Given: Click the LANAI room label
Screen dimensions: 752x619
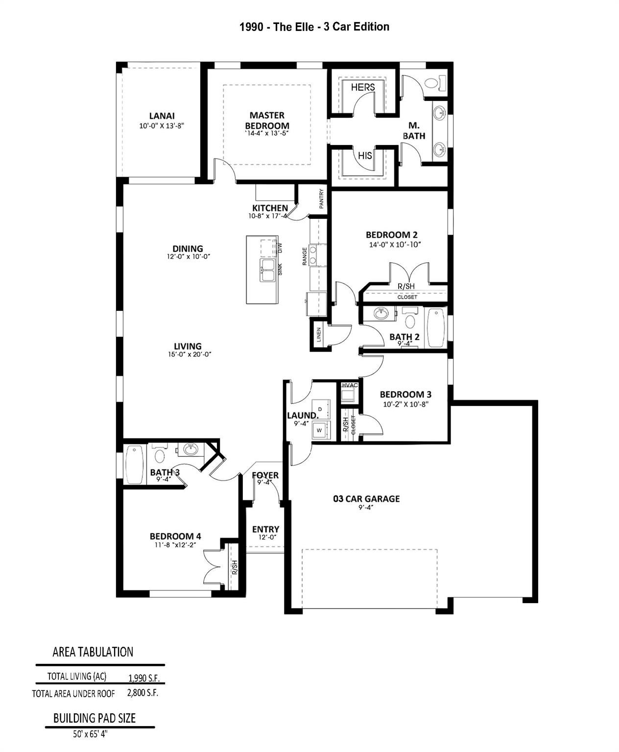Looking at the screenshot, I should (162, 116).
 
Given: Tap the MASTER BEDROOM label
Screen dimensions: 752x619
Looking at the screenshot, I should (267, 120).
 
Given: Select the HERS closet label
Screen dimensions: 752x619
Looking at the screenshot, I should (363, 87).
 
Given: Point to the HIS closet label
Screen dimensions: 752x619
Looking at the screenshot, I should (365, 156).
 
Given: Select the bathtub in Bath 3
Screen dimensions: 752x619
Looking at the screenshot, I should (134, 464).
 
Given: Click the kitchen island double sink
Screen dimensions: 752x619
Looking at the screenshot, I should (267, 270).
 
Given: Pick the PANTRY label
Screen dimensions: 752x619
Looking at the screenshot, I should (322, 199).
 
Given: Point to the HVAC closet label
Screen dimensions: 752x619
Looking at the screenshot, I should (350, 385).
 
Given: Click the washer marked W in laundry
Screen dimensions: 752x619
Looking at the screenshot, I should (320, 430).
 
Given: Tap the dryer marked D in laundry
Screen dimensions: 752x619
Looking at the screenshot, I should (320, 408).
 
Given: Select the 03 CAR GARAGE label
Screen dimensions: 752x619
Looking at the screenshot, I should (366, 499).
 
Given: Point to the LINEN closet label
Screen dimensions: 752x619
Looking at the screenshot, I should (319, 335).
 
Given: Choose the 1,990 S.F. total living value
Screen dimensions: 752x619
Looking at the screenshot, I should (143, 678).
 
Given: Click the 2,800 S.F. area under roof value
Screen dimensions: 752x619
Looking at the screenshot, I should (143, 693).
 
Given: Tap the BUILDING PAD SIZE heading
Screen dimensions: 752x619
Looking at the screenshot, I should (95, 718).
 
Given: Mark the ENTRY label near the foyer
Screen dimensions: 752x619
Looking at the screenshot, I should (265, 529).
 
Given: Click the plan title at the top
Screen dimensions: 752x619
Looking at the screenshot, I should (314, 27).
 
